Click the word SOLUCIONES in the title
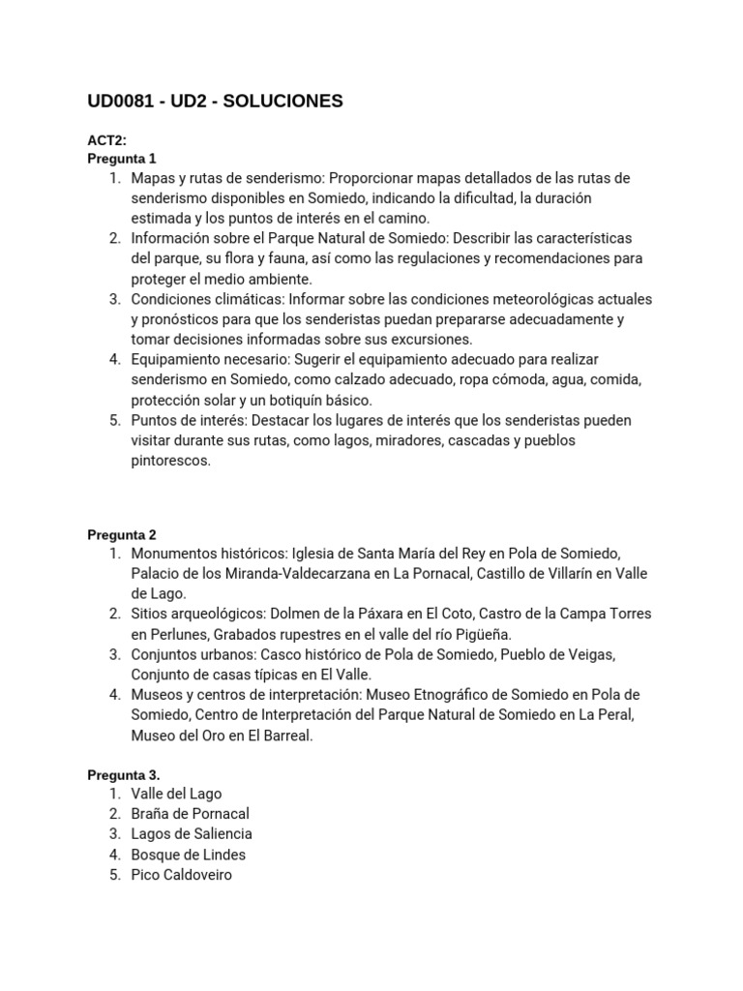pos(283,102)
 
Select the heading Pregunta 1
pos(121,159)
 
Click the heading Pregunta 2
pos(121,534)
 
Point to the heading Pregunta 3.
pos(123,774)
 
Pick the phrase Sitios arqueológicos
pos(196,615)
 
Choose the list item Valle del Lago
pos(176,794)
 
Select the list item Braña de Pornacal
pos(190,814)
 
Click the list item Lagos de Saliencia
pos(192,834)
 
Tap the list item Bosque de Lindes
pos(189,855)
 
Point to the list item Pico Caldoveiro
pos(182,875)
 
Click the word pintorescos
pos(170,461)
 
